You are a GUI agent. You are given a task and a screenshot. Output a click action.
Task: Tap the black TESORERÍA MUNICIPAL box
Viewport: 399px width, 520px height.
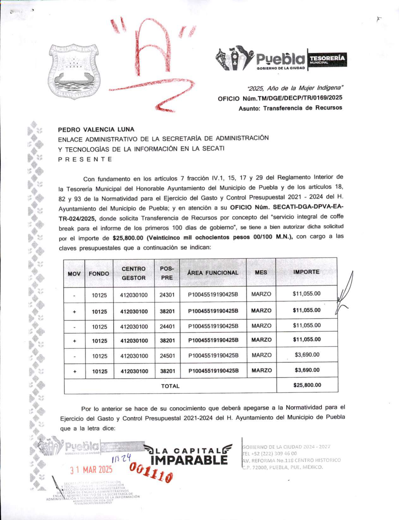[x=327, y=60]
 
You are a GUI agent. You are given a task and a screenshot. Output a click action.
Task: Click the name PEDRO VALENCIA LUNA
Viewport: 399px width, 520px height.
[x=96, y=129]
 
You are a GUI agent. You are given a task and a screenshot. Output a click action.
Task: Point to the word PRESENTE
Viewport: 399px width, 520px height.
[x=85, y=159]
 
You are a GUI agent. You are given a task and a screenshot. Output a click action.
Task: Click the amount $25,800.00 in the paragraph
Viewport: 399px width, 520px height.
[x=128, y=238]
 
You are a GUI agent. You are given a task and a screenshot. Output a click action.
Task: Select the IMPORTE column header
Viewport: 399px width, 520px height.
[x=306, y=272]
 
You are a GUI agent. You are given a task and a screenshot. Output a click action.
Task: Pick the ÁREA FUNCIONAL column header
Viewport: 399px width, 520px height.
[x=213, y=273]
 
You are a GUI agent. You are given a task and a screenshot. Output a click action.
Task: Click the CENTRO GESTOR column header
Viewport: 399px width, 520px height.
[x=134, y=273]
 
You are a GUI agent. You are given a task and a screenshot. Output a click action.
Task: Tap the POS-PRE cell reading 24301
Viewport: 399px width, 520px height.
[x=167, y=295]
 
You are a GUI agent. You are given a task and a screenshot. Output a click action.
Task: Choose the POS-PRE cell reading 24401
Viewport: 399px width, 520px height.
[x=167, y=327]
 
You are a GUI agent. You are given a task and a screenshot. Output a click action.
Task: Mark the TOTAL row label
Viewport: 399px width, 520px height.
[x=170, y=386]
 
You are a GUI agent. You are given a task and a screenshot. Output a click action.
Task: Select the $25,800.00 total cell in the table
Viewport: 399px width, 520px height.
[x=307, y=385]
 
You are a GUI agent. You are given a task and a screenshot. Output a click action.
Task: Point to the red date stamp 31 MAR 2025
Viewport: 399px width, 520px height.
[x=91, y=470]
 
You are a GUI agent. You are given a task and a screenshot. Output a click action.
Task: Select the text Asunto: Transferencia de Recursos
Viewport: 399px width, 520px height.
[x=290, y=108]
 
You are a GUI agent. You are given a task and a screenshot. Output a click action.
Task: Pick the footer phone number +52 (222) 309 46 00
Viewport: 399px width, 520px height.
[x=269, y=453]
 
